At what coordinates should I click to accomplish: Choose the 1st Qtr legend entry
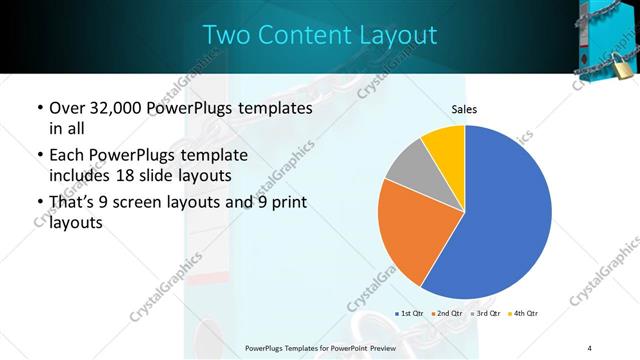click(411, 314)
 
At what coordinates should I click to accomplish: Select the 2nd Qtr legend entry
click(446, 314)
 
